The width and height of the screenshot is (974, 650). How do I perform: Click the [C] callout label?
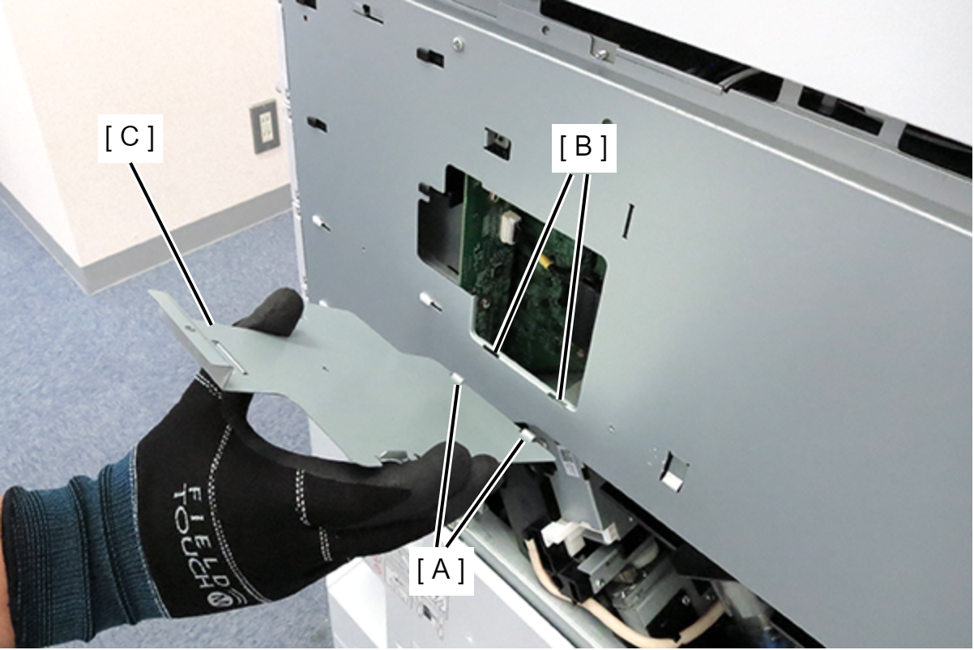tap(130, 139)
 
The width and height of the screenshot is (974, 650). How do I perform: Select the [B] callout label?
tap(583, 148)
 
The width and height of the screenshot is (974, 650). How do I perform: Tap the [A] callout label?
tap(441, 571)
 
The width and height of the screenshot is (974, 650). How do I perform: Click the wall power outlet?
tap(265, 126)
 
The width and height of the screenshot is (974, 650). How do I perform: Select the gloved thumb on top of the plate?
tap(273, 314)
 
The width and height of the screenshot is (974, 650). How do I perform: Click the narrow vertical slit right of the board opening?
tap(628, 221)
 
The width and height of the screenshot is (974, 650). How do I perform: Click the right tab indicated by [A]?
tap(528, 434)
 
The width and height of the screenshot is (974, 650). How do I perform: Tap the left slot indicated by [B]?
tap(493, 350)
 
